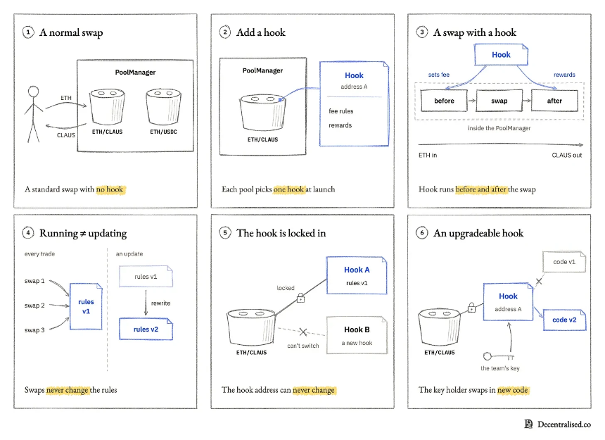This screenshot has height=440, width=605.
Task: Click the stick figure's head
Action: (x=34, y=92)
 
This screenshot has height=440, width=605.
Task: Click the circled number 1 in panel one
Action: (x=28, y=32)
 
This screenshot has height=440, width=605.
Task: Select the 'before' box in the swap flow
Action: (x=444, y=101)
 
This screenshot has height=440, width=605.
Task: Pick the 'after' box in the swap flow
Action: (x=554, y=101)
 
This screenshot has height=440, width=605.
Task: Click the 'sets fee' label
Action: (x=439, y=75)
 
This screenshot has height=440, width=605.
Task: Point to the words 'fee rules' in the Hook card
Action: (x=341, y=111)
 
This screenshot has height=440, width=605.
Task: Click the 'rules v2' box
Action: (x=146, y=329)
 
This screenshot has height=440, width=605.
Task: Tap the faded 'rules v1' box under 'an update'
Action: (x=146, y=277)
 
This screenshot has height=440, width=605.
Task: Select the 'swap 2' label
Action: (x=34, y=306)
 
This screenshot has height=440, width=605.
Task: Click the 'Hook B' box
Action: (x=357, y=335)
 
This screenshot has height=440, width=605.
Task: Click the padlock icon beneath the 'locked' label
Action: (x=300, y=298)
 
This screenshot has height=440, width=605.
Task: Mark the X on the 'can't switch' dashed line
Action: (x=303, y=332)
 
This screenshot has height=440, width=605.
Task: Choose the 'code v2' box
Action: (x=564, y=320)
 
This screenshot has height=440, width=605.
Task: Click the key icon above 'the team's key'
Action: (x=499, y=356)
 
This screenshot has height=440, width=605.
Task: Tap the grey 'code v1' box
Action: (x=564, y=262)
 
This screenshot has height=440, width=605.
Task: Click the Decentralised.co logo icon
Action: (x=528, y=425)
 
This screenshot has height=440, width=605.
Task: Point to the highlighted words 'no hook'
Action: (x=110, y=189)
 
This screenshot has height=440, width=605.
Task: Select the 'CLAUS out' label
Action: (x=567, y=155)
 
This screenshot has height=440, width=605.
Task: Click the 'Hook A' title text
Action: (x=357, y=270)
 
